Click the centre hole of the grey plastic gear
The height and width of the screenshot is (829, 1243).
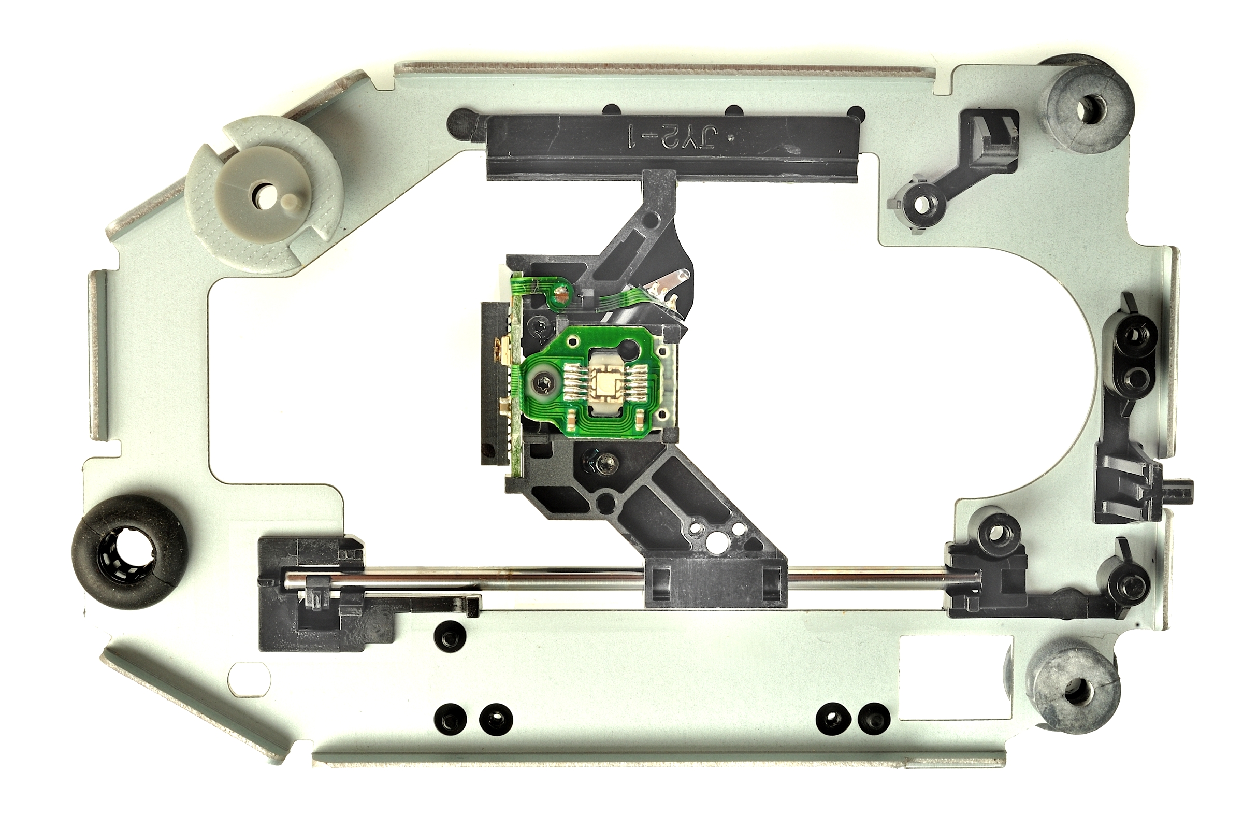point(262,194)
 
